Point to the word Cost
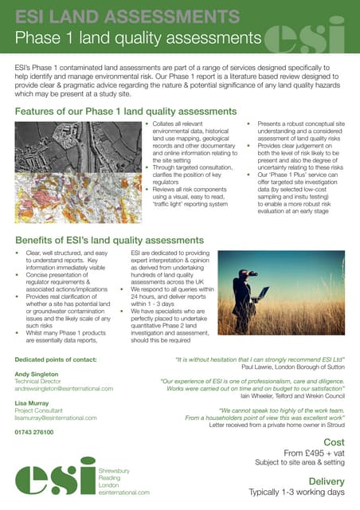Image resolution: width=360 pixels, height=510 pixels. pyautogui.click(x=333, y=441)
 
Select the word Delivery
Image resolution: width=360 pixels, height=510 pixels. pyautogui.click(x=326, y=481)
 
